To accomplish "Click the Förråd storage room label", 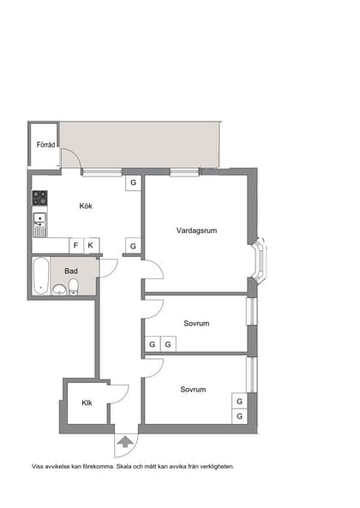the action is coord(45,145).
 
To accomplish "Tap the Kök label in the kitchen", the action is coord(86,206).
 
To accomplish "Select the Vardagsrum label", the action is coord(196,230).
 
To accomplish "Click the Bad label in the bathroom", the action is coord(71,271).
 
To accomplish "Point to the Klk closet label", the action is coord(87,403).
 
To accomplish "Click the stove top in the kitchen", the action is coord(39,198).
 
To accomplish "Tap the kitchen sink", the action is coord(39,219).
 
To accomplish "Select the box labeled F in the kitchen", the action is coord(76,246).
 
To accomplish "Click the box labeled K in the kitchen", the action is coord(92,246).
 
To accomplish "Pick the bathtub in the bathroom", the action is coord(41,276).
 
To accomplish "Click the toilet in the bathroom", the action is coord(74,287).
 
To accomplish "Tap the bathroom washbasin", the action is coord(59,290).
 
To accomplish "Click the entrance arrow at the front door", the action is coord(125,442).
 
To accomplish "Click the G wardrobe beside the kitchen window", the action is coord(133,183).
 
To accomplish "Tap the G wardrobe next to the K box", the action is coord(133,246).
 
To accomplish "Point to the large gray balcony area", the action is coord(140,145).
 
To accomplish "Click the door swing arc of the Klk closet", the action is coord(124,397).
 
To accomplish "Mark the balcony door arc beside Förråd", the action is coord(75,154).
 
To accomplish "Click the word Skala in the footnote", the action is coord(123,467).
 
